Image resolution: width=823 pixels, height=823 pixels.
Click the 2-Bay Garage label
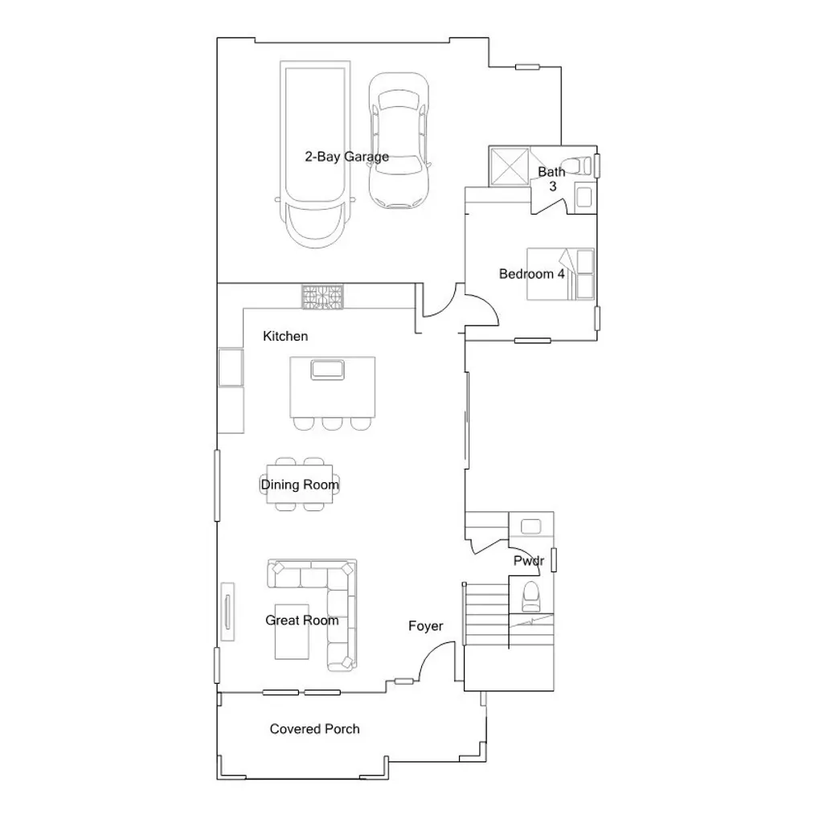pos(346,157)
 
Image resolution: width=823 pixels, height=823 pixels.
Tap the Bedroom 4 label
pos(531,274)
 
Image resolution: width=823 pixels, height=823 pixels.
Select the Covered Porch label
pos(314,729)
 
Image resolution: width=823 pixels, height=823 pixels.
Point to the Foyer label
pos(425,626)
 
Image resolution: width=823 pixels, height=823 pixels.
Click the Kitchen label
pos(285,336)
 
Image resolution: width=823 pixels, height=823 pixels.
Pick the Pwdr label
pos(529,561)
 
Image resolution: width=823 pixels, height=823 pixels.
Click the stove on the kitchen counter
pos(322,297)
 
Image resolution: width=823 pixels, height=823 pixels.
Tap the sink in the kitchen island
pos(328,370)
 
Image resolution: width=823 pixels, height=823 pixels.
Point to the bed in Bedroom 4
pos(561,274)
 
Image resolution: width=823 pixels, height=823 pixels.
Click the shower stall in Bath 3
pos(509,166)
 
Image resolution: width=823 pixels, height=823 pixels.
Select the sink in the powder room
pos(531,526)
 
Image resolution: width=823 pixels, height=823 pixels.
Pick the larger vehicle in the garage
pos(313,153)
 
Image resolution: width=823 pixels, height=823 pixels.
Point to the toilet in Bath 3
pos(579,165)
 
